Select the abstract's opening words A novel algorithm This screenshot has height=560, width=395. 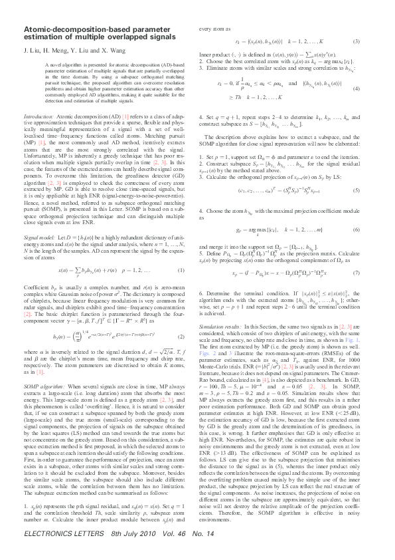54,65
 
